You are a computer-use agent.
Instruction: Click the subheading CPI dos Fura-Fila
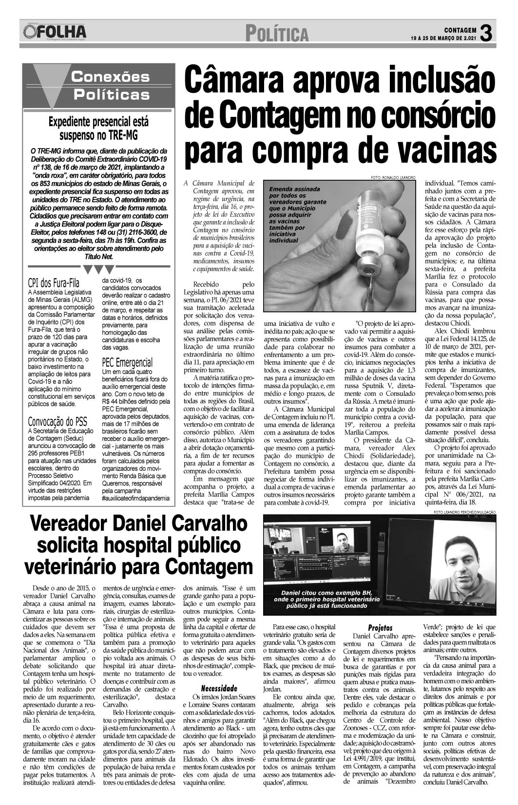pyautogui.click(x=54, y=283)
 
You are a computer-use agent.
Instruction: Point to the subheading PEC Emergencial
pyautogui.click(x=127, y=362)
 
